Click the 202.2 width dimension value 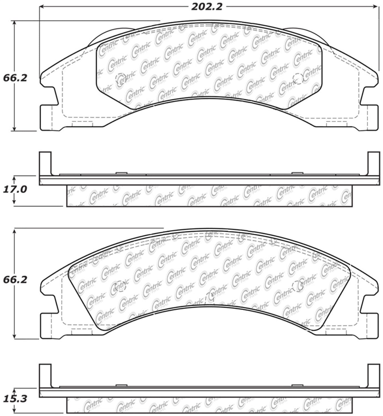(x=207, y=7)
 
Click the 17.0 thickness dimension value (x=15, y=189)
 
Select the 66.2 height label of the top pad (x=15, y=78)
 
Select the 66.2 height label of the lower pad (x=15, y=280)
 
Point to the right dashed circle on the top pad (x=298, y=79)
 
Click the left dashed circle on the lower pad (x=121, y=286)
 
